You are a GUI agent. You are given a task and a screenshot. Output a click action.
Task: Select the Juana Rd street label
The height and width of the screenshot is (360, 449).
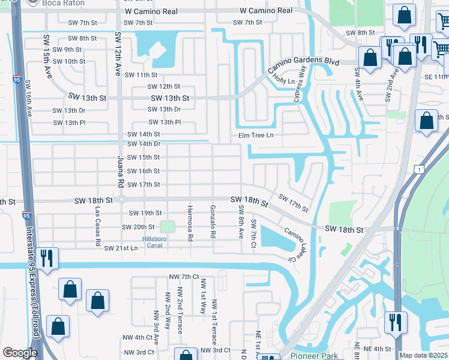(120, 172)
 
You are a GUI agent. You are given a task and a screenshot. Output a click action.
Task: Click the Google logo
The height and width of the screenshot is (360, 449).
(20, 353)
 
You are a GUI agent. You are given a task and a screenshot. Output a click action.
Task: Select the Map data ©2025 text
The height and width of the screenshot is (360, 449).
(424, 355)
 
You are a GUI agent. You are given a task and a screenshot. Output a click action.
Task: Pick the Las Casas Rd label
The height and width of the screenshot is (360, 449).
(97, 227)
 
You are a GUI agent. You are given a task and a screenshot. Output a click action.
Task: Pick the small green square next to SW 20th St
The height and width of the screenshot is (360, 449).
(167, 227)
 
